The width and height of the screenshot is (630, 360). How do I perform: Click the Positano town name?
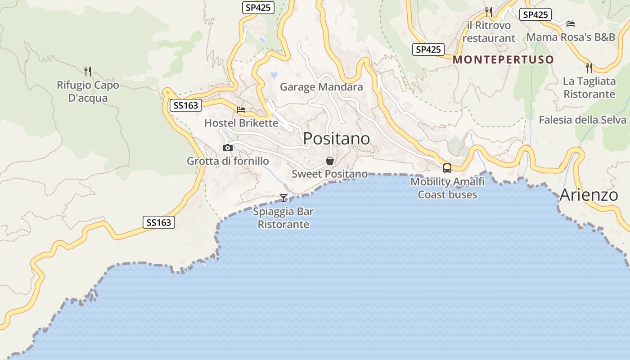point(336,139)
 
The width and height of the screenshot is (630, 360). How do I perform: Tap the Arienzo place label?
point(589,195)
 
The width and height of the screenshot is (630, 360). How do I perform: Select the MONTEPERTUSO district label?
point(503,59)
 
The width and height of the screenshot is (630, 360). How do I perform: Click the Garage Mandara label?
point(321,87)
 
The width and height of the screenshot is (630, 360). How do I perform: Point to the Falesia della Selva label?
point(582,120)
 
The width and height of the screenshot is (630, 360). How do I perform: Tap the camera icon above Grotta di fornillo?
point(228,148)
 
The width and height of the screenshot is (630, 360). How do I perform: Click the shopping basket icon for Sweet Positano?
point(330,161)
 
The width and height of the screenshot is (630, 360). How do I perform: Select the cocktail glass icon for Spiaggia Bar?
point(283,198)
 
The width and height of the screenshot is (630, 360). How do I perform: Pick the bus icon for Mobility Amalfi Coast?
point(447,168)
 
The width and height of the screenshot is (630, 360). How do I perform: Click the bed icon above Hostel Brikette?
point(241,109)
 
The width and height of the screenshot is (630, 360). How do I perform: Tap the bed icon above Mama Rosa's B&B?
point(571,24)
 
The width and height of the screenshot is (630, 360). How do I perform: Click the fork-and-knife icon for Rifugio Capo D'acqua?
point(88,71)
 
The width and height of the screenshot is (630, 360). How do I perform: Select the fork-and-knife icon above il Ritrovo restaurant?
point(489,12)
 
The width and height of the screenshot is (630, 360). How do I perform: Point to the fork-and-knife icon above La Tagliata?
point(589,68)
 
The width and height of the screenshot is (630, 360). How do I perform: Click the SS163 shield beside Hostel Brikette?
point(185,106)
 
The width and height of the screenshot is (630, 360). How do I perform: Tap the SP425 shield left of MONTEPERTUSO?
point(428,49)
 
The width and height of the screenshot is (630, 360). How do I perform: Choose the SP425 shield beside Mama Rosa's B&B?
point(535,15)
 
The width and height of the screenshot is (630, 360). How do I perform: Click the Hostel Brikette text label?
point(241,123)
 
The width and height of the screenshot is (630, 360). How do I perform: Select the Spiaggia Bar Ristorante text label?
point(283,218)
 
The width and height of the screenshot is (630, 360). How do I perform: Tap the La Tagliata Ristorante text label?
point(589,88)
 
